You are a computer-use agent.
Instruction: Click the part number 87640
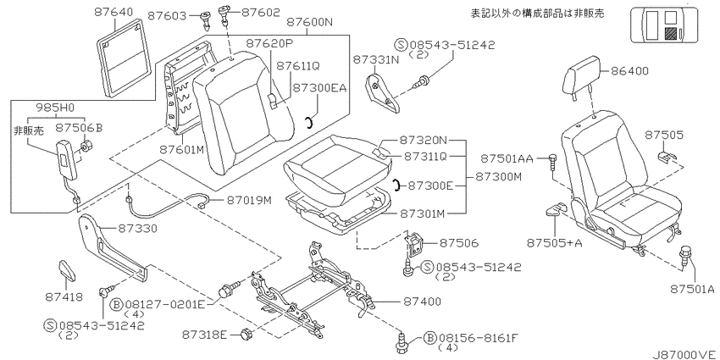click(114, 12)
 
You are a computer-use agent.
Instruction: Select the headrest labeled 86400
click(582, 77)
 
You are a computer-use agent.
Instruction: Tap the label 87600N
click(309, 23)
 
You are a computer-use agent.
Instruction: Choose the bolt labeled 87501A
click(685, 255)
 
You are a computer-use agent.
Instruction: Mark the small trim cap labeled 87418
click(66, 270)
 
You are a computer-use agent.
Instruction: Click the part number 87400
click(423, 302)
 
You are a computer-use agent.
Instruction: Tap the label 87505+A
click(554, 242)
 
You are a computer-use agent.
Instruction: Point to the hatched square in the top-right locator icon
click(671, 34)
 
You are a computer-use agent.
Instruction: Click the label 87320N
click(423, 139)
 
